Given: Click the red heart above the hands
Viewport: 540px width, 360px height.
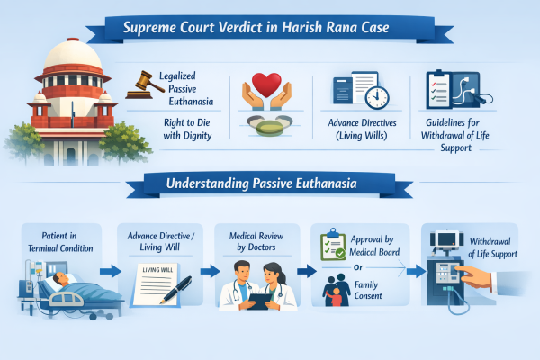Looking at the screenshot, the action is (266, 85).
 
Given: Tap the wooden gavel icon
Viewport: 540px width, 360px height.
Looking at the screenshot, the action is (145, 85).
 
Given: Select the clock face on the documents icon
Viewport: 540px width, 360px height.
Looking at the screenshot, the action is (377, 97).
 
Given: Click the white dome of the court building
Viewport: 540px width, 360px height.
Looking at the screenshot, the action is (73, 54).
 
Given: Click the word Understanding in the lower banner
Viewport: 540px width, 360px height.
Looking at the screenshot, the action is (207, 184).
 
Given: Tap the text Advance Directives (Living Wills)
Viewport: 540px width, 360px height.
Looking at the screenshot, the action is (362, 129).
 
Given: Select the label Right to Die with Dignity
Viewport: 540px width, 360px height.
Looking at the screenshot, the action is (187, 129).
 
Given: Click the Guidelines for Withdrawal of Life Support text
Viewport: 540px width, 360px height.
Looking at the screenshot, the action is (454, 135).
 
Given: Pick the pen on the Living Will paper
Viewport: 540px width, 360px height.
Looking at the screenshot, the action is (176, 289).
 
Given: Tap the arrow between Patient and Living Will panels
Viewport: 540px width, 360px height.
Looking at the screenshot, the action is (110, 272).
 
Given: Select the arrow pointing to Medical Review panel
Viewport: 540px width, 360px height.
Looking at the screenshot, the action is (210, 272).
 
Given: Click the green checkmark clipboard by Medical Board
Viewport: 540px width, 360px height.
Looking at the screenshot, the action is (333, 245).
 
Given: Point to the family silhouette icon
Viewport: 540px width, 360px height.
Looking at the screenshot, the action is (336, 290).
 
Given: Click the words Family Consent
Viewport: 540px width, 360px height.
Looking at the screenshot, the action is (368, 290).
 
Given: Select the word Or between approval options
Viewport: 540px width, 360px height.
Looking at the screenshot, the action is (358, 267).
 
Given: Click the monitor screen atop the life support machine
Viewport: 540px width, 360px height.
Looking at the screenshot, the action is (446, 238).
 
